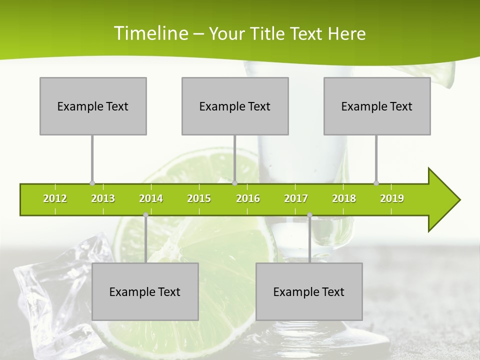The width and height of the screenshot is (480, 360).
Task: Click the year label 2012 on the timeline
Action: [x=55, y=198]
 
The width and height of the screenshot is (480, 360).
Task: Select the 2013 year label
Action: [x=103, y=198]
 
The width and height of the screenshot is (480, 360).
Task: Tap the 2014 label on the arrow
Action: [x=151, y=198]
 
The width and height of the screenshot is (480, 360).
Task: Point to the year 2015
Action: [x=199, y=198]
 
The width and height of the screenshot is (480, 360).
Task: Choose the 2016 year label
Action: [x=248, y=198]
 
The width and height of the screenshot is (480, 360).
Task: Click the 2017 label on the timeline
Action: [x=296, y=198]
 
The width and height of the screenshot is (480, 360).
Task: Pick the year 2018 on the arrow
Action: [x=344, y=198]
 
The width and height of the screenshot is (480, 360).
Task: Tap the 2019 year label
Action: [x=392, y=198]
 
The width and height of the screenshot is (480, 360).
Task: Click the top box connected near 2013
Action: [x=93, y=106]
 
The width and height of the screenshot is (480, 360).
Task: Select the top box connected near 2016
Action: [x=235, y=106]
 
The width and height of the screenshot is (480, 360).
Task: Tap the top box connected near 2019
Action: [x=377, y=106]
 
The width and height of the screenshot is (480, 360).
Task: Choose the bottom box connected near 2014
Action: [x=145, y=291]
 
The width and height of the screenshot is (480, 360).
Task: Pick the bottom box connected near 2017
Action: [x=309, y=291]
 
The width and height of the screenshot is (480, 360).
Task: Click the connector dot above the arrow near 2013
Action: [x=92, y=183]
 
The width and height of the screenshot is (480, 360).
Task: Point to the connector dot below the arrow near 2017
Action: [x=309, y=215]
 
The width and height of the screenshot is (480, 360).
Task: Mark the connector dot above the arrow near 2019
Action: [x=376, y=183]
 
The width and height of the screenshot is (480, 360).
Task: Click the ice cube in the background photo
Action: [x=55, y=280]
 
